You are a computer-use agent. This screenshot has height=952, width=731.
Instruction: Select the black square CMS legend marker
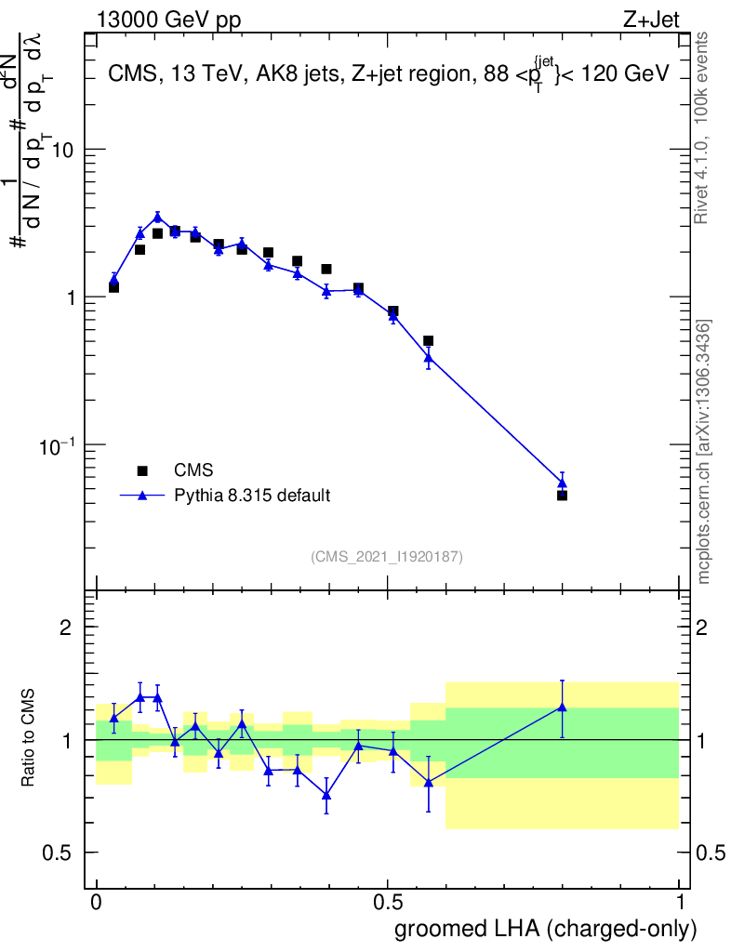(143, 470)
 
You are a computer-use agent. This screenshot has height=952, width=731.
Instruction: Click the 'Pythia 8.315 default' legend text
(251, 496)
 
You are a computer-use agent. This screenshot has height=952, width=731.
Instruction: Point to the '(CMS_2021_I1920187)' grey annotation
(387, 556)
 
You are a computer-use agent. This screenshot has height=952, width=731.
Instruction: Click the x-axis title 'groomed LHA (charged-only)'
(546, 929)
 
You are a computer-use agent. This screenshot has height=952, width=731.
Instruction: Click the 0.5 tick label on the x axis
(388, 902)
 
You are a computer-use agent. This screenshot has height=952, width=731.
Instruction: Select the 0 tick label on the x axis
(97, 902)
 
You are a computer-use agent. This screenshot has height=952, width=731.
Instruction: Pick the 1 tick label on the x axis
(679, 902)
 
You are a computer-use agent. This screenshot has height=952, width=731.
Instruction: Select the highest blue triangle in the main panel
(157, 218)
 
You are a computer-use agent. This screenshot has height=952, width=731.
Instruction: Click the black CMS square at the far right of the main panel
(562, 495)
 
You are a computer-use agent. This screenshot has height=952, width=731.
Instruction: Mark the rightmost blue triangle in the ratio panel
(562, 707)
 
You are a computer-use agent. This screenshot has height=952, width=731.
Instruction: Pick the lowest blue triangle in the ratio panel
(326, 795)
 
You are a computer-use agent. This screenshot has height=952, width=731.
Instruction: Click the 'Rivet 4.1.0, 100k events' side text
(703, 127)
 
